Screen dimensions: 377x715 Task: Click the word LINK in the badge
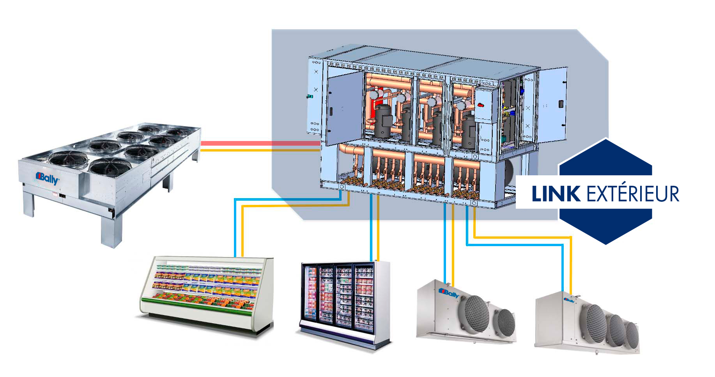(556, 194)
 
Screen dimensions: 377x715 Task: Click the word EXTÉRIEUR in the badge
(632, 194)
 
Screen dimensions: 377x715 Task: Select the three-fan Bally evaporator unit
(587, 321)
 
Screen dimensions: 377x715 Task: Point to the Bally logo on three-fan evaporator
(569, 301)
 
